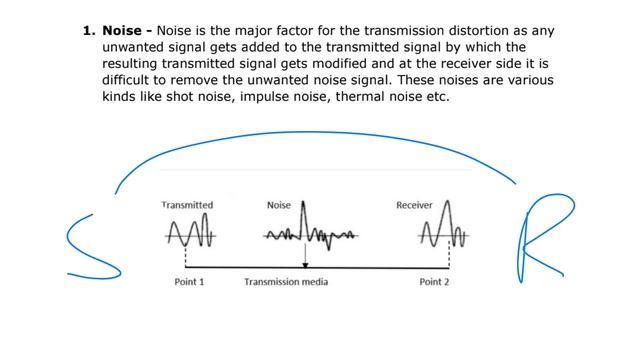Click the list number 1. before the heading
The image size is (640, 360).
point(89,31)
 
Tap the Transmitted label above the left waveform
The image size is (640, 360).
point(187,205)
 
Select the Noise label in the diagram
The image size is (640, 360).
point(279,205)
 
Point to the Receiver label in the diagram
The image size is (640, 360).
point(414,205)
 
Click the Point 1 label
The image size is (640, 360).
point(189,282)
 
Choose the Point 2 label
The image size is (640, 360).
point(434,282)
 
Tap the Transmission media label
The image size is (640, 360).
point(286,282)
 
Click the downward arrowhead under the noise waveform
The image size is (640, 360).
point(306,262)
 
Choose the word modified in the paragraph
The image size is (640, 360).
point(337,63)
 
